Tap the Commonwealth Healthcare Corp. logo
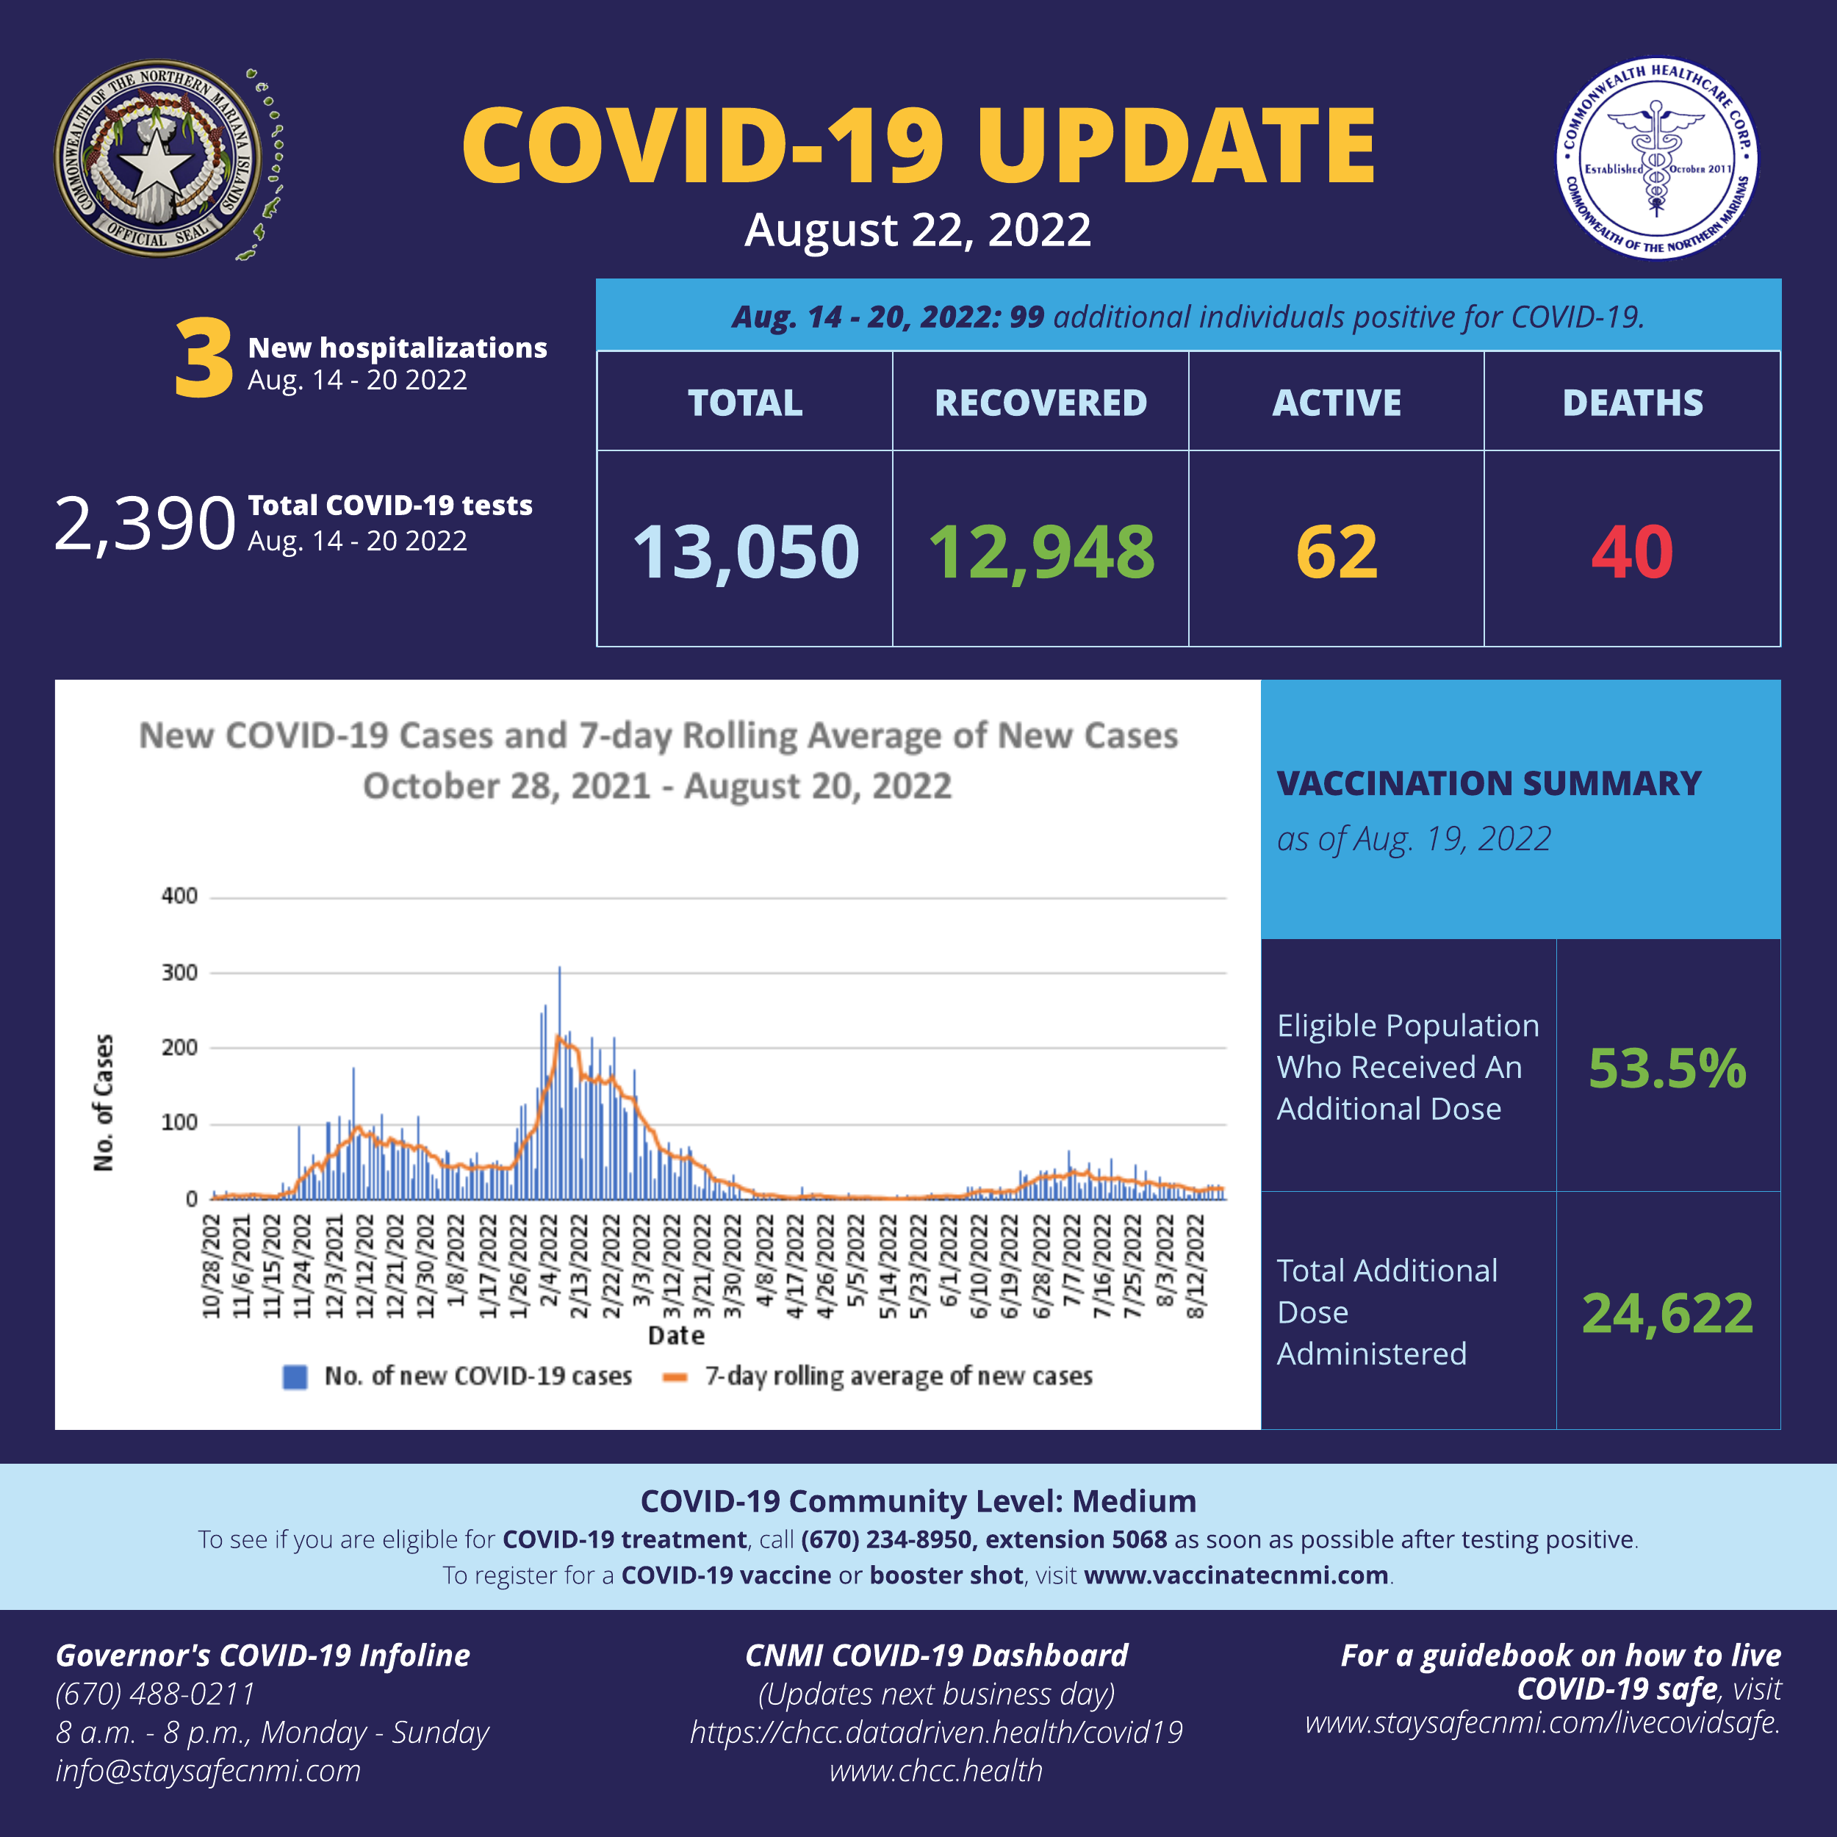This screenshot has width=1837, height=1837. (x=1656, y=159)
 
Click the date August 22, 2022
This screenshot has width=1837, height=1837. (x=918, y=230)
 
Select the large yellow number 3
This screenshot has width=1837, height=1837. (x=204, y=359)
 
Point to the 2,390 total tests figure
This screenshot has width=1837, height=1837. (x=145, y=523)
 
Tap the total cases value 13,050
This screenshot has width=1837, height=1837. (x=745, y=552)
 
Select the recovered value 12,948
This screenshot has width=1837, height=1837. (x=1041, y=552)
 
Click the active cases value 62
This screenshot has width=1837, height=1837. (x=1336, y=552)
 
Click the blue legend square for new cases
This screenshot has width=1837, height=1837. (x=295, y=1376)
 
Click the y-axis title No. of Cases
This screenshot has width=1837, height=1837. (x=103, y=1102)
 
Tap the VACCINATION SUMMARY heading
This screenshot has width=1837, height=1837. (x=1488, y=783)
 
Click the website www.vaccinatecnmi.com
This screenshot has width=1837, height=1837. (x=1235, y=1575)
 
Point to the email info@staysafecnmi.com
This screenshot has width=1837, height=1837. (x=208, y=1770)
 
